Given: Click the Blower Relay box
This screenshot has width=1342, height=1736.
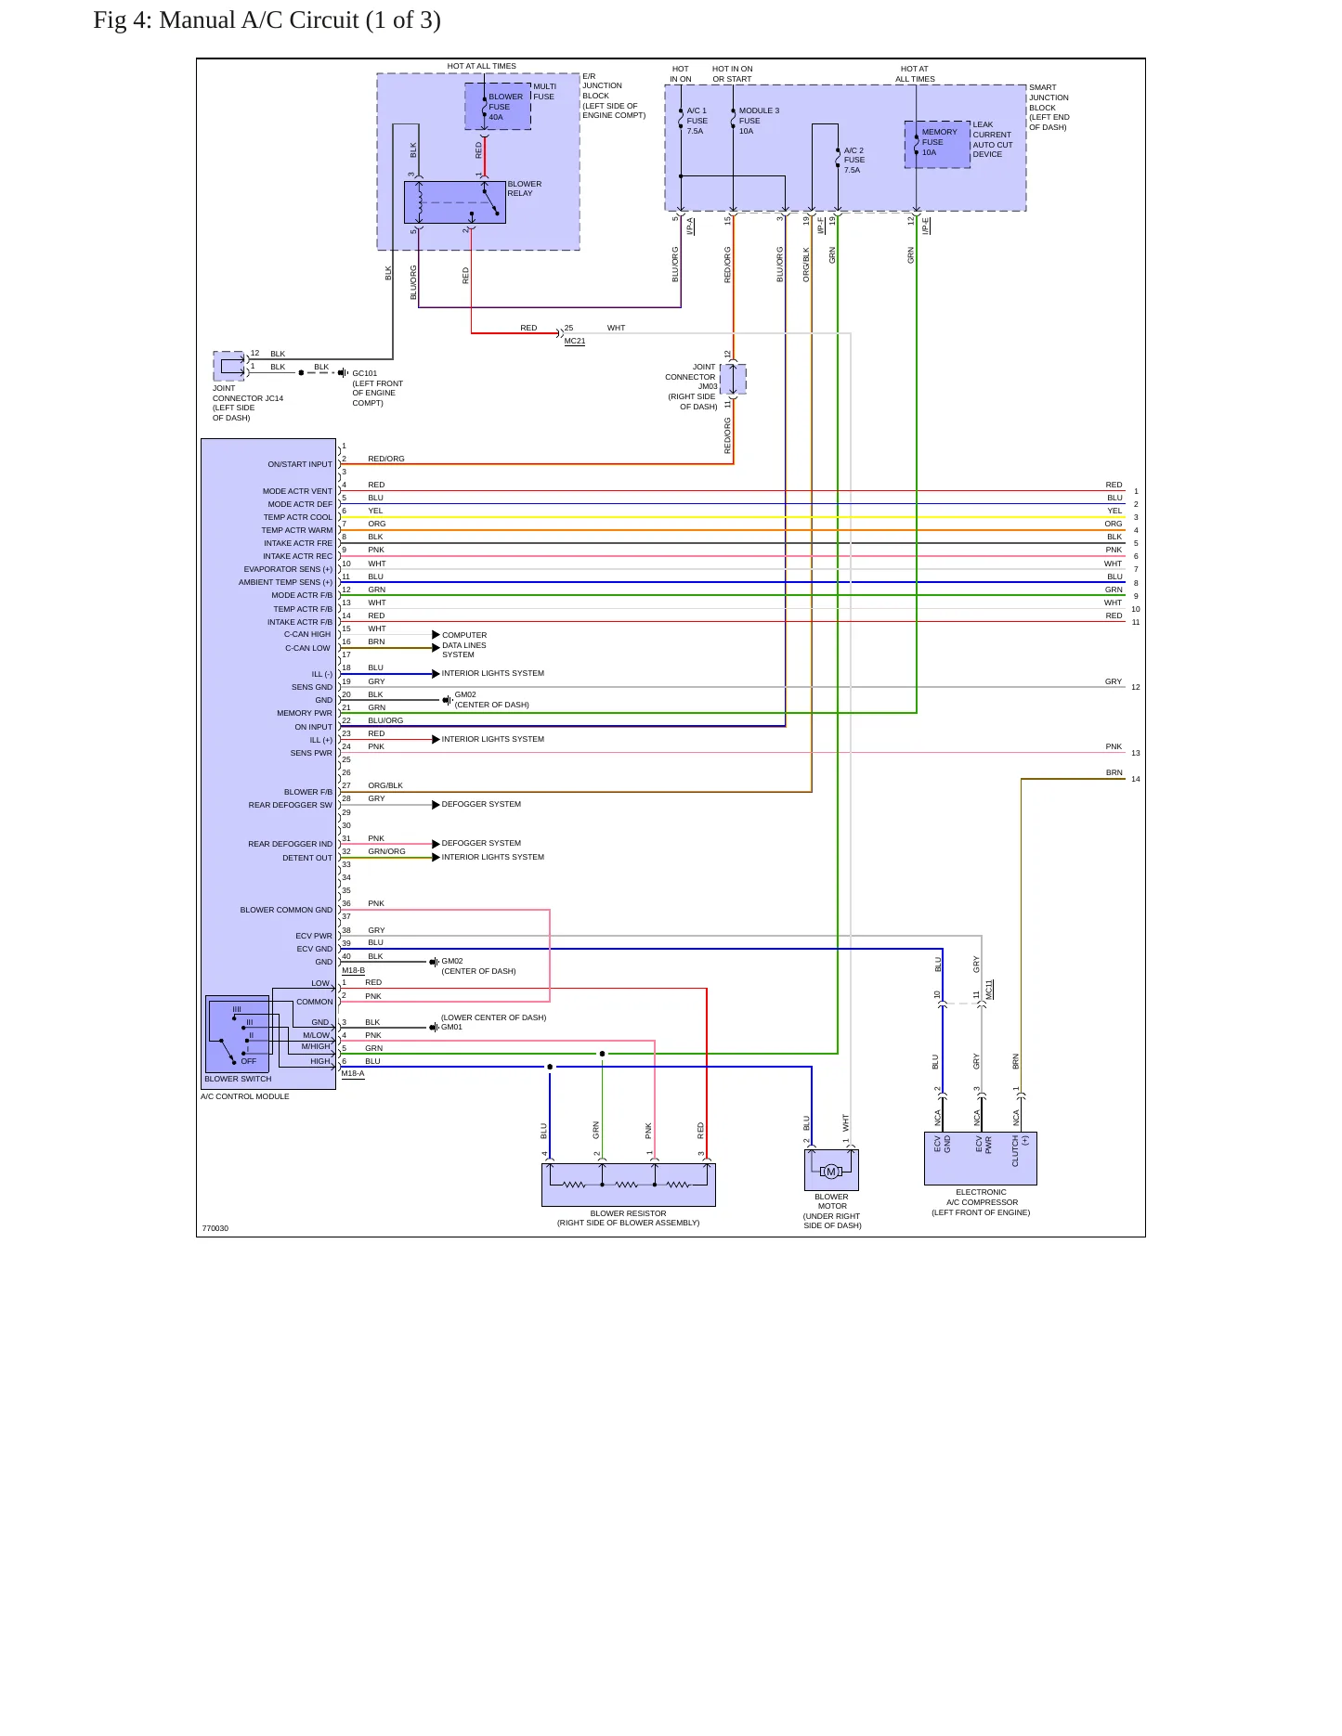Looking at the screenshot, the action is click(x=454, y=202).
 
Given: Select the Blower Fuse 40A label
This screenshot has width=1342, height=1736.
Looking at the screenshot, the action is click(x=505, y=107).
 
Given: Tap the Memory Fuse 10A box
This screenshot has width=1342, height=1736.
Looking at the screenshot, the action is click(x=937, y=144).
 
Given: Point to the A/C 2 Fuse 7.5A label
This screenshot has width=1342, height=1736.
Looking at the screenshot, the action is click(x=853, y=160).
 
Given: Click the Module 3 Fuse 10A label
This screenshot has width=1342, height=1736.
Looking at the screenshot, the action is click(x=759, y=121).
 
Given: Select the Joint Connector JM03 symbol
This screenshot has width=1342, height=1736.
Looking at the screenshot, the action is click(x=733, y=379).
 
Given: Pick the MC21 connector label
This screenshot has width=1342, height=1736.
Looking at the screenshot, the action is click(x=575, y=342).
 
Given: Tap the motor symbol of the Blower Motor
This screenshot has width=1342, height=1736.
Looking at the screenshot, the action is click(x=831, y=1172).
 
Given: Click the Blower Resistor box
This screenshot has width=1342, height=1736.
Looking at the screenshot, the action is click(x=628, y=1185).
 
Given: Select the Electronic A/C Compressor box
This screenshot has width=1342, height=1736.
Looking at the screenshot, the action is click(x=980, y=1158).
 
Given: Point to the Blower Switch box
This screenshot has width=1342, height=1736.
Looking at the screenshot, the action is click(x=237, y=1034).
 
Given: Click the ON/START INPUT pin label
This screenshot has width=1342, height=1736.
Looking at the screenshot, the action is click(x=300, y=464).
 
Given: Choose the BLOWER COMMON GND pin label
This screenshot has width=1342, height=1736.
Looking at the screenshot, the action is click(x=286, y=910).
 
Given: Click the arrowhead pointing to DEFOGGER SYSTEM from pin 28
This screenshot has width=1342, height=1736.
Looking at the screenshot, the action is click(x=436, y=805).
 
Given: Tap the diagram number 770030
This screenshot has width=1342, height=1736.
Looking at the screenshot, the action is click(x=215, y=1228).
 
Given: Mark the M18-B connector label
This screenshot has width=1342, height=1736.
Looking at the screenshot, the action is click(x=353, y=970).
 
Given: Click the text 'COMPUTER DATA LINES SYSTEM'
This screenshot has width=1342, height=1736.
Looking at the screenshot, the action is click(x=464, y=645).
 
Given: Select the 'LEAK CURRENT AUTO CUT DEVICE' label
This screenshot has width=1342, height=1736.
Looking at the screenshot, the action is click(x=992, y=139).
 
